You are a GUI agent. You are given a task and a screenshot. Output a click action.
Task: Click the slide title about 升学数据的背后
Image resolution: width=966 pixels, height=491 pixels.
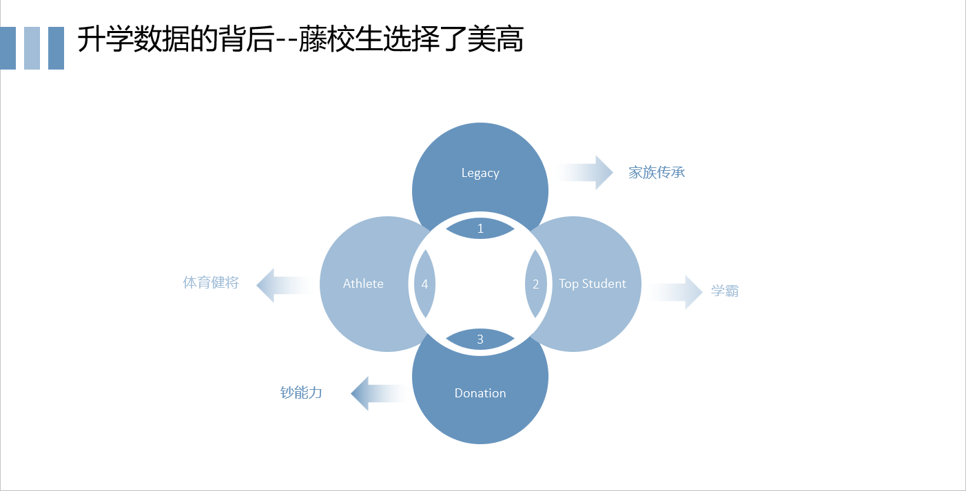click(300, 41)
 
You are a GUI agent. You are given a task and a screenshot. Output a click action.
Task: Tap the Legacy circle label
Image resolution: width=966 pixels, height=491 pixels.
click(480, 173)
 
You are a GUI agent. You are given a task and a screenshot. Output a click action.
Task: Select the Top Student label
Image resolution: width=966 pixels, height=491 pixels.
click(593, 284)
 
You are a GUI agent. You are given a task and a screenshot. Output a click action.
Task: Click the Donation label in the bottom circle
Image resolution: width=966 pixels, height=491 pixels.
click(480, 393)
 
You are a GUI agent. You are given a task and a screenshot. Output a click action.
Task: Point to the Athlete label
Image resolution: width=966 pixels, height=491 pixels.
click(363, 284)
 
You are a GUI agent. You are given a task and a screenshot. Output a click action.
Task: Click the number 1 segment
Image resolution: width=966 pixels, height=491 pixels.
click(480, 228)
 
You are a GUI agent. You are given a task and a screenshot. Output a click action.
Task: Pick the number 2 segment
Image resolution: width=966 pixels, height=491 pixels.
click(536, 284)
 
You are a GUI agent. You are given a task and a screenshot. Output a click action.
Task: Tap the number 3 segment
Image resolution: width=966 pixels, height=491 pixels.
click(480, 339)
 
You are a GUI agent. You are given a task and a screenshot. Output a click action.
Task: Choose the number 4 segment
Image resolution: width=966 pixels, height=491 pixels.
click(424, 284)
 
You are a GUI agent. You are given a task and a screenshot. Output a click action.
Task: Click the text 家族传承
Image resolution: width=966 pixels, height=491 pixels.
click(657, 172)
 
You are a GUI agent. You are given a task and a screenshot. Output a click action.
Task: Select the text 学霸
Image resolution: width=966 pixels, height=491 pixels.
click(725, 291)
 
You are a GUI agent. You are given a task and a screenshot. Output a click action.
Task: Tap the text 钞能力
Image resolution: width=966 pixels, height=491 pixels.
click(301, 393)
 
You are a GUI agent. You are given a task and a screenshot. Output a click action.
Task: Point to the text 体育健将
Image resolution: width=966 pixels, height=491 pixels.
click(211, 282)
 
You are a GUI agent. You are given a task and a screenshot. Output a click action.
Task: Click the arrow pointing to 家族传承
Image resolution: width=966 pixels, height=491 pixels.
click(586, 172)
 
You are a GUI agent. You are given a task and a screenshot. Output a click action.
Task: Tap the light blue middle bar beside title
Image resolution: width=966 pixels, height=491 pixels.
click(32, 48)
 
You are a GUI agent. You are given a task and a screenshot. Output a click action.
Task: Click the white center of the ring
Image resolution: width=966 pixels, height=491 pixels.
click(480, 284)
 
